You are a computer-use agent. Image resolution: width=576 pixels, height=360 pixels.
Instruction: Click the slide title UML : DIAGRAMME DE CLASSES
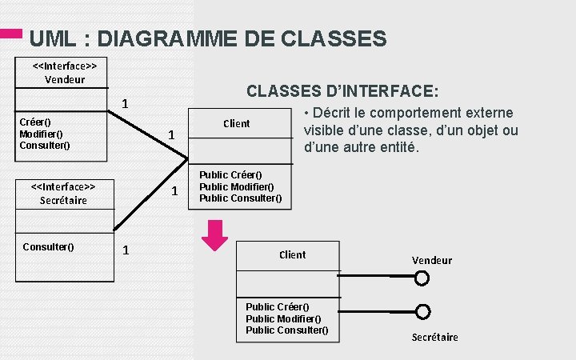[x=207, y=38]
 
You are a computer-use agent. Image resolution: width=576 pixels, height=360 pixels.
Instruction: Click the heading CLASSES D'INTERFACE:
[x=342, y=90]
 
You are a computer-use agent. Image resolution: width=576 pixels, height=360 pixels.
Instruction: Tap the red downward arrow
[x=214, y=235]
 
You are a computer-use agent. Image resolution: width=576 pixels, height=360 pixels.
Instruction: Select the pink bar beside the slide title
[x=11, y=34]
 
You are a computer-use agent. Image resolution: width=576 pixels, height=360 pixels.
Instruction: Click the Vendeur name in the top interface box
[x=64, y=79]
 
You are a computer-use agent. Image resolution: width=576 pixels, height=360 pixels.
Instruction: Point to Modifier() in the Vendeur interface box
[x=42, y=134]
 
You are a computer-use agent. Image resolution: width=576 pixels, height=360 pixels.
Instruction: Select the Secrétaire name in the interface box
[x=63, y=200]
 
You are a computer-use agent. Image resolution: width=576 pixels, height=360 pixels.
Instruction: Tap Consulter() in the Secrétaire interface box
[x=48, y=246]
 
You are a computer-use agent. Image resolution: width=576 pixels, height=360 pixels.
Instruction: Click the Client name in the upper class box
[x=236, y=123]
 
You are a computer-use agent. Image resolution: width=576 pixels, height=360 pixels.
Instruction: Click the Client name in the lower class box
[x=292, y=254]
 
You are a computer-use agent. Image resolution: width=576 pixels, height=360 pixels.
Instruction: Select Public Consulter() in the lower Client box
[x=286, y=330]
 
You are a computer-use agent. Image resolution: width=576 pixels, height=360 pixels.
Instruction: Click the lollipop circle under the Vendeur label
[x=422, y=278]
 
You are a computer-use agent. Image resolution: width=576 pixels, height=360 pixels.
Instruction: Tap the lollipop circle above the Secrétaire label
[x=423, y=312]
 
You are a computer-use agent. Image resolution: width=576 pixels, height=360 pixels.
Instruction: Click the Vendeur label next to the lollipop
[x=432, y=260]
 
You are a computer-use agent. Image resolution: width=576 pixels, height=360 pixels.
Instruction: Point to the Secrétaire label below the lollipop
[x=434, y=337]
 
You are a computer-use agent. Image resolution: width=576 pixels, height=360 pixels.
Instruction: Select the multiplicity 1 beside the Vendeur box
[x=125, y=104]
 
